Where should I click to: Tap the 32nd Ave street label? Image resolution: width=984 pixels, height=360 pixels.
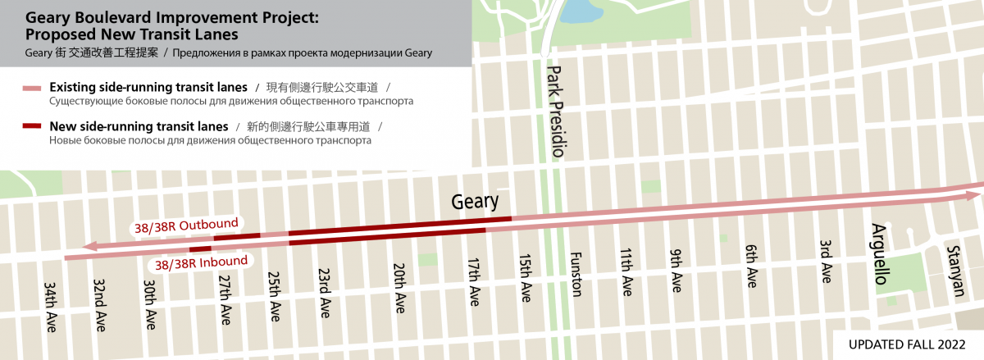(100, 303)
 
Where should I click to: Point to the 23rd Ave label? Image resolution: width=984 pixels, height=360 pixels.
(325, 294)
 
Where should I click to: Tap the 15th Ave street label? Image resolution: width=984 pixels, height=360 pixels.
(525, 279)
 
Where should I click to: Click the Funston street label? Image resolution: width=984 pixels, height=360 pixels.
(575, 274)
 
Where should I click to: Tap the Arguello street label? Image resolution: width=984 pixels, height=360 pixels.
(879, 254)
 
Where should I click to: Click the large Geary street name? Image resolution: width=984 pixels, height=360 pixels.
(476, 203)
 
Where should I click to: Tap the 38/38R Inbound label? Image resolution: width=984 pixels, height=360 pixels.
(201, 262)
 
